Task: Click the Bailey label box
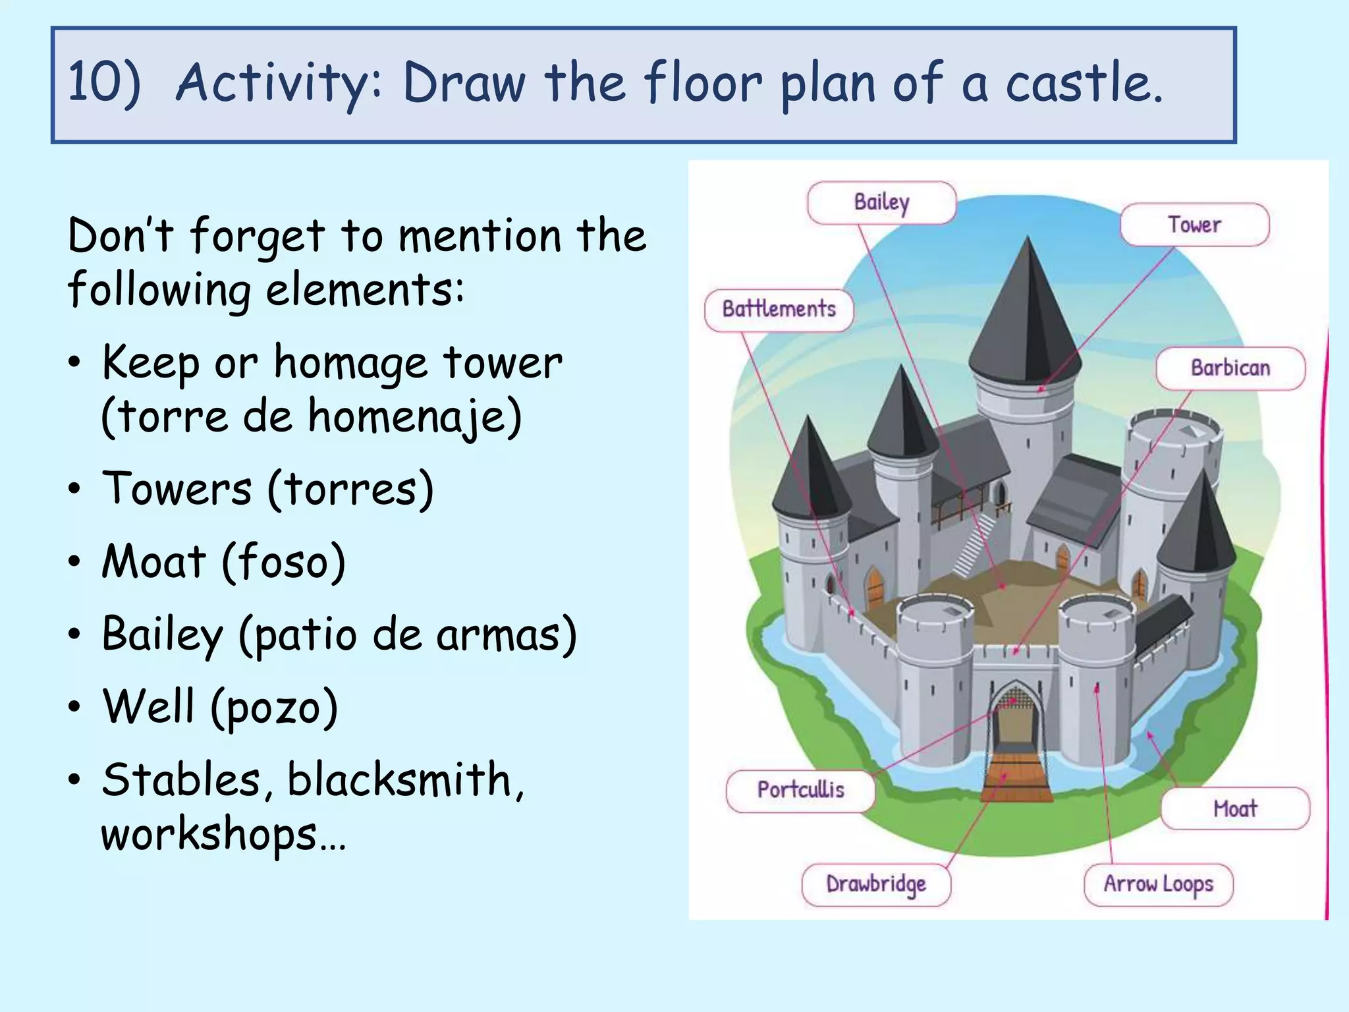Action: (881, 202)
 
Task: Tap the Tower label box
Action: (1194, 225)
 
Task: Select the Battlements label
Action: (779, 309)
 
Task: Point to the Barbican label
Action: (1230, 368)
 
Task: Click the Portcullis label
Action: (800, 789)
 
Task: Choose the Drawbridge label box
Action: (876, 884)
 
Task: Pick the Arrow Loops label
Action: (1158, 884)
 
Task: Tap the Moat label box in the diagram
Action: (1235, 808)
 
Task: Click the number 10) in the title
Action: (104, 83)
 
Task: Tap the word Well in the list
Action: (149, 706)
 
